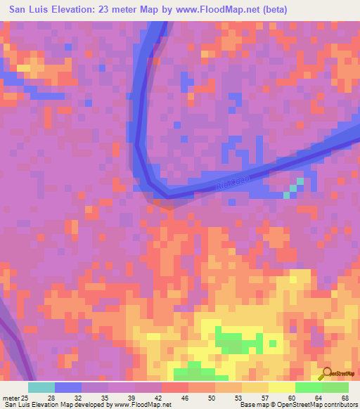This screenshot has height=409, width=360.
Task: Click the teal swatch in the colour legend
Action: click(41, 387)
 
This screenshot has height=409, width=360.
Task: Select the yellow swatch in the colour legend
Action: click(282, 387)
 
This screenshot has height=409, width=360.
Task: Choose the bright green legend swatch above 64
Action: click(309, 387)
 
